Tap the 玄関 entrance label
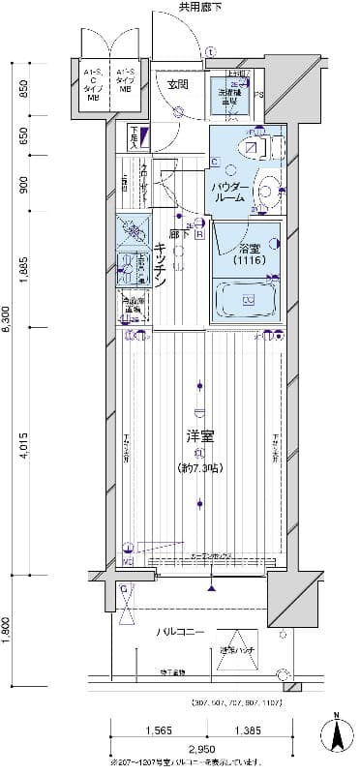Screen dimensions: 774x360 [177, 85]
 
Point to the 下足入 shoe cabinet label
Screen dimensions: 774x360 [133, 140]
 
